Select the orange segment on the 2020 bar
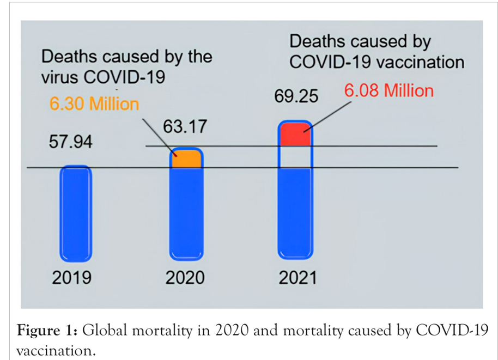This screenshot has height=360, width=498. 186,160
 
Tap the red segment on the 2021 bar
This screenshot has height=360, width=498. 295,134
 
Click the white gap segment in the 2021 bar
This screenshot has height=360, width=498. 295,157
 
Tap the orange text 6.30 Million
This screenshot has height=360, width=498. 95,103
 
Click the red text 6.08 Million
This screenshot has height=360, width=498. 389,90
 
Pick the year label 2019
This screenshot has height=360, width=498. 72,278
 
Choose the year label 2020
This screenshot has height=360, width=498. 185,278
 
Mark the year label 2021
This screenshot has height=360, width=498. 297,278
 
